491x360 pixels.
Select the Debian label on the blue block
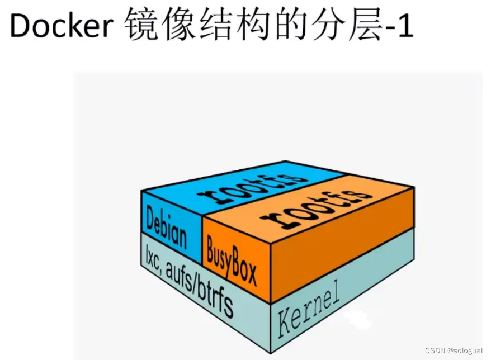[x=167, y=226]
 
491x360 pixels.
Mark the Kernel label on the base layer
[x=309, y=312]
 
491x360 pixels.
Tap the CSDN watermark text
[x=434, y=350]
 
